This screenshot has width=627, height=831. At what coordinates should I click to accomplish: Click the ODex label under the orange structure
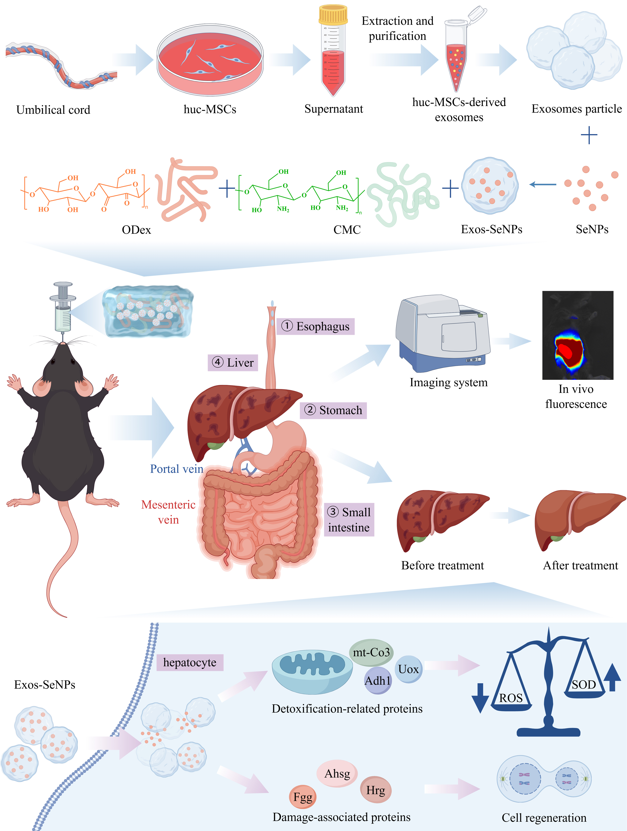(x=136, y=229)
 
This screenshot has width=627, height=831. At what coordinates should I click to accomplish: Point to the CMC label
(x=347, y=229)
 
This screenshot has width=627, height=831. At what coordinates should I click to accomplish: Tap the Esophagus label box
(x=315, y=326)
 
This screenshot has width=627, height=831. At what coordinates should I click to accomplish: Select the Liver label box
(x=233, y=363)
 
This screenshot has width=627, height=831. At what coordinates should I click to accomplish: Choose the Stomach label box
(x=333, y=410)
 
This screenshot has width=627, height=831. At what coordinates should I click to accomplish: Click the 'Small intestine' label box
(x=349, y=520)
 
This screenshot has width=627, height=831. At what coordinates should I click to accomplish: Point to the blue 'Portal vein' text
(x=176, y=469)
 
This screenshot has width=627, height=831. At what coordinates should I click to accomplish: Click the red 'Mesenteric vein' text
(x=168, y=512)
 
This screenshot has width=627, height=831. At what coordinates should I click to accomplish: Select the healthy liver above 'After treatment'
(x=578, y=518)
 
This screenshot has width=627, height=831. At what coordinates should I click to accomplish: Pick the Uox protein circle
(x=408, y=669)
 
